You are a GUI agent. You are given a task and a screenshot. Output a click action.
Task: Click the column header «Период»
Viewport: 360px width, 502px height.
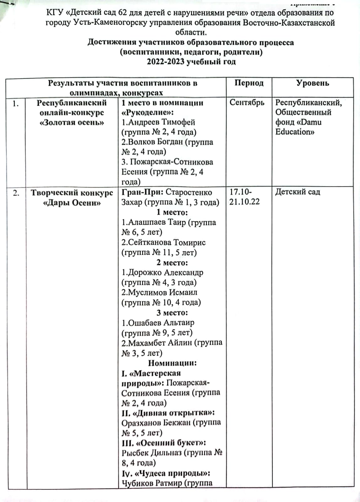[x=249, y=83]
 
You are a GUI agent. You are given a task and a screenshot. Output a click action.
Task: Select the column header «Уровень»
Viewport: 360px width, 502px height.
[x=312, y=83]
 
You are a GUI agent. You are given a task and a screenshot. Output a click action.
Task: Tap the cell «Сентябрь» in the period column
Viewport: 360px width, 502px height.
[x=247, y=103]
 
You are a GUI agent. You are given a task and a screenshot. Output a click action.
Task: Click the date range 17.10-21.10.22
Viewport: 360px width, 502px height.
[x=244, y=197]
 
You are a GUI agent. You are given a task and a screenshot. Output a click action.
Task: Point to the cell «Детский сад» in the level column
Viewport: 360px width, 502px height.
[x=298, y=192]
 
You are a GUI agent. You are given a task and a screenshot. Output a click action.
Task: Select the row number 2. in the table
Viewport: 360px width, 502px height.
[x=16, y=193]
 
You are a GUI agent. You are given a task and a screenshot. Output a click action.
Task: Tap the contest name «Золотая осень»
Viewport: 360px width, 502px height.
[x=72, y=122]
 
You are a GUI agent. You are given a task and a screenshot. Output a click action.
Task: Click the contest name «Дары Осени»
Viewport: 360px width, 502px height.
[x=72, y=203]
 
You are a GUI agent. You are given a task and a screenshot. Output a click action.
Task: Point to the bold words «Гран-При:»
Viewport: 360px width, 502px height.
[x=142, y=192]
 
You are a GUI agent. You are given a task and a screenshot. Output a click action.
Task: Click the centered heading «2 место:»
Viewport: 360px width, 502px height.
[x=172, y=262]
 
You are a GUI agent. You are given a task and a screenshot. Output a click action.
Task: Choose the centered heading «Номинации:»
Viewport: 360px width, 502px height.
[x=172, y=363]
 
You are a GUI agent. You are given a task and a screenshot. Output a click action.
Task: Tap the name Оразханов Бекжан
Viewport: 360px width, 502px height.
[x=156, y=423]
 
